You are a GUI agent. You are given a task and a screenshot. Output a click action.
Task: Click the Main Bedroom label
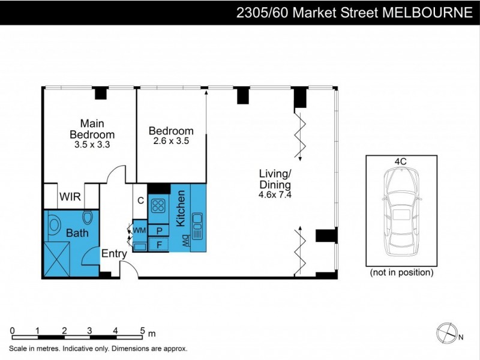point(92,128)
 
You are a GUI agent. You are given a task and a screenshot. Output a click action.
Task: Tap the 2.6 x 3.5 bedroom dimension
point(171,142)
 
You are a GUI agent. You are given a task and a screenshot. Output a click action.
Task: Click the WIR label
point(70,196)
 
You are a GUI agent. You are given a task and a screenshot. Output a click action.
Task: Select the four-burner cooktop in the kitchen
point(158,206)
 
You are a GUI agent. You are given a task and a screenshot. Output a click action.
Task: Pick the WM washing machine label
point(139,230)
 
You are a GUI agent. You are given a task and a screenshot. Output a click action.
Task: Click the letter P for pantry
point(160,231)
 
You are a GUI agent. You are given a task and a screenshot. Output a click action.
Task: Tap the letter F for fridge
point(160,245)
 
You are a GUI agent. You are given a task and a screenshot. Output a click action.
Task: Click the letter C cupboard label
point(140,201)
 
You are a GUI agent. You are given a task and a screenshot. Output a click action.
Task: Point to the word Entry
point(113,254)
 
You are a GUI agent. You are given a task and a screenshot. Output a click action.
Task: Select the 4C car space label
point(401,161)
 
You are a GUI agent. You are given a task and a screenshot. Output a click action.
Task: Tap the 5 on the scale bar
point(142,330)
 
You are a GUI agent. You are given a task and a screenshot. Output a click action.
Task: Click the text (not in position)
point(401,272)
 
